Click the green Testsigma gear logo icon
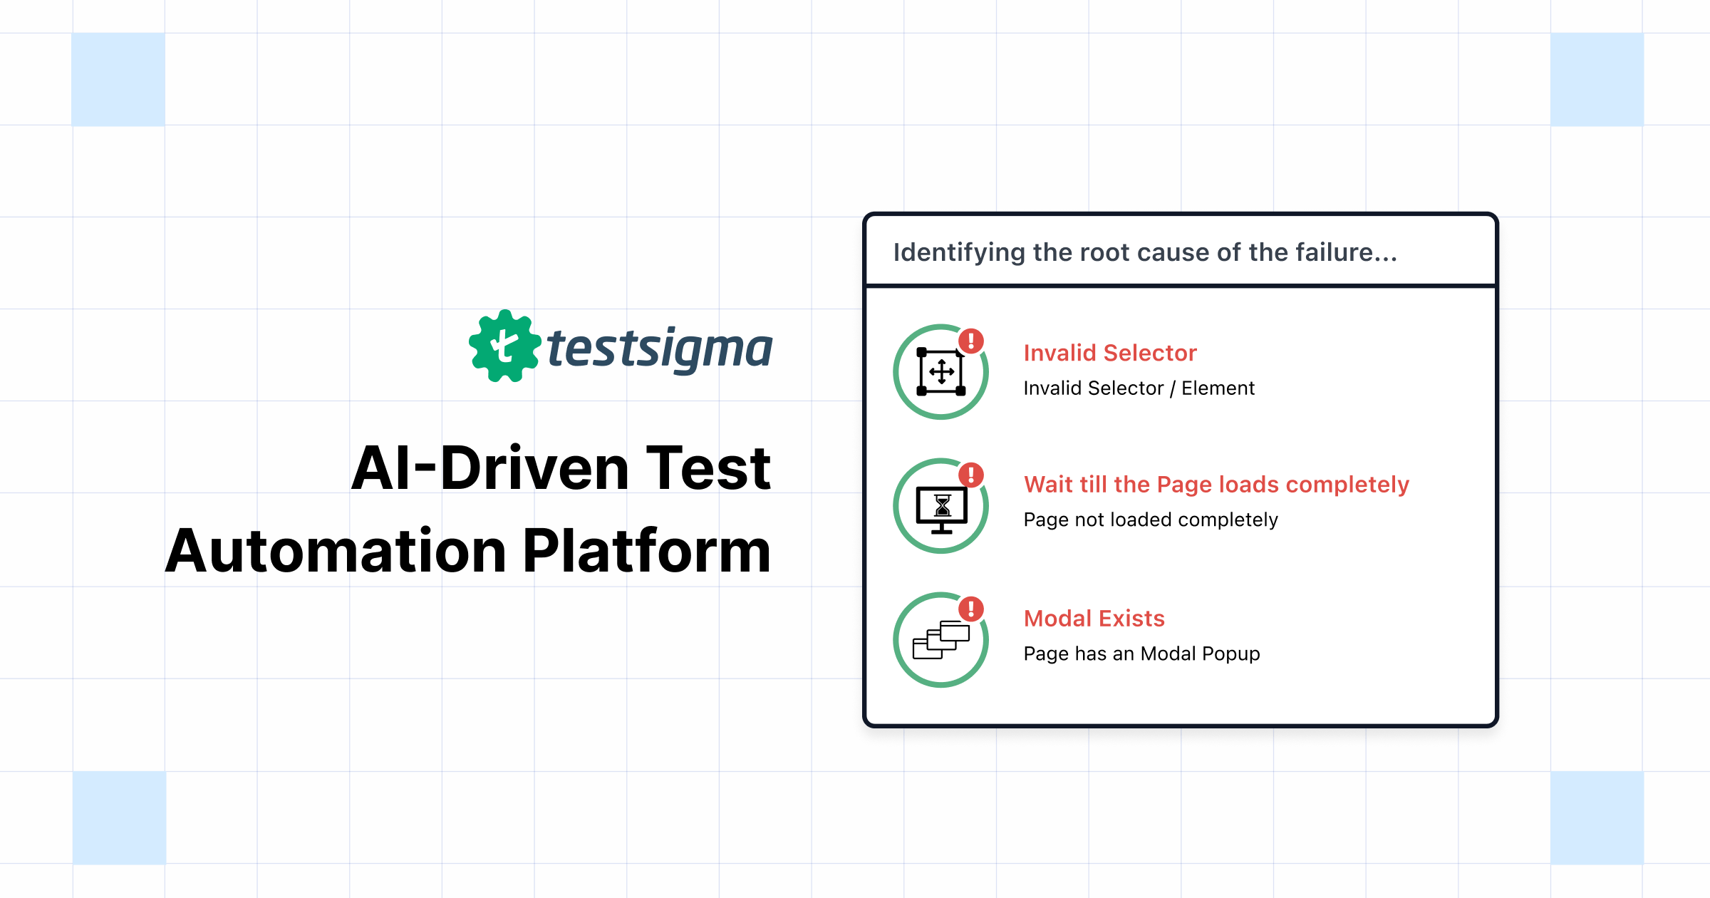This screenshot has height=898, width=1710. pos(504,346)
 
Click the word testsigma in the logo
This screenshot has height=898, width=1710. pos(659,349)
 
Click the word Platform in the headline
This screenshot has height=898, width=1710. pos(647,551)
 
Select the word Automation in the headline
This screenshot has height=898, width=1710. pos(336,551)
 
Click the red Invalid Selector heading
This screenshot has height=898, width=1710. pos(1109,353)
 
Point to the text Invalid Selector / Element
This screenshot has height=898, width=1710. pos(1139,388)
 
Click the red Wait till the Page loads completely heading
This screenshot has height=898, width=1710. pos(1216,485)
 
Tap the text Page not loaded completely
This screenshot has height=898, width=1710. pos(1150,520)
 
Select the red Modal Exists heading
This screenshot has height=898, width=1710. pos(1094,619)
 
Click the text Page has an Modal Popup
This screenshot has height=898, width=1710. pos(1141,654)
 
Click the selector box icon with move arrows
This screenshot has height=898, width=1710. pos(940,372)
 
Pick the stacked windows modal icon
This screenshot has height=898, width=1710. pos(940,641)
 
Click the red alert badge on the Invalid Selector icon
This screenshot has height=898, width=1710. pos(970,341)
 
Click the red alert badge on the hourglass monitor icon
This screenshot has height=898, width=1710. pos(970,475)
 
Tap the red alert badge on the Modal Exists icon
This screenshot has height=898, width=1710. pos(970,609)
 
